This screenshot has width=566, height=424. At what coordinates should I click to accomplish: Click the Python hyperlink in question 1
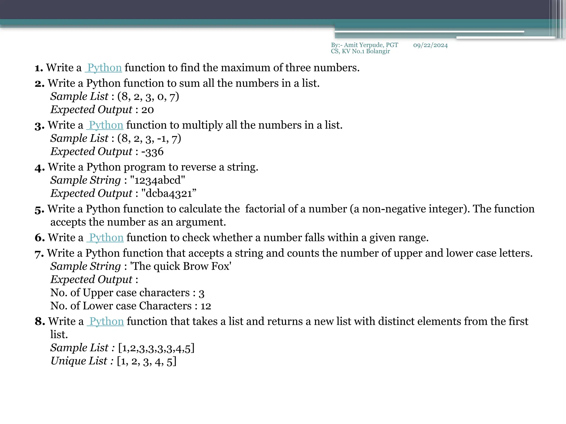[x=104, y=68]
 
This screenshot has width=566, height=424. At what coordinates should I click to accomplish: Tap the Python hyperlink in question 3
[x=106, y=125]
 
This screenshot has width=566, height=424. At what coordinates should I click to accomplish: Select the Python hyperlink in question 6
[x=106, y=238]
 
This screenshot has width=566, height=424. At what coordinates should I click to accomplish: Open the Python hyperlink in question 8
[x=106, y=322]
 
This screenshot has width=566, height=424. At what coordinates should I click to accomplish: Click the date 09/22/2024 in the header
[x=430, y=45]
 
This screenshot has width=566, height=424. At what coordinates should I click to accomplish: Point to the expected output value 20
[x=148, y=110]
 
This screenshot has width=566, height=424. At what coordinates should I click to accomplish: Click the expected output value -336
[x=152, y=152]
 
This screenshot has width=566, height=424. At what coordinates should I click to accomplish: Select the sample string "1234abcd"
[x=158, y=180]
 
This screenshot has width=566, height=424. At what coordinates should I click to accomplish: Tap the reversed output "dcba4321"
[x=169, y=194]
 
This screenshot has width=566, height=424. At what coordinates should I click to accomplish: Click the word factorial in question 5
[x=265, y=209]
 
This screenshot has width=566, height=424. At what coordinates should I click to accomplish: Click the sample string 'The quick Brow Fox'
[x=181, y=266]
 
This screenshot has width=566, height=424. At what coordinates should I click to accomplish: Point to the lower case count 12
[x=206, y=306]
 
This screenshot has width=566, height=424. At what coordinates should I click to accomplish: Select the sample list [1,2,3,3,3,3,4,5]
[x=156, y=348]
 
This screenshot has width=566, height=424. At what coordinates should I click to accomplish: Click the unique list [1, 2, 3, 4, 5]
[x=147, y=361]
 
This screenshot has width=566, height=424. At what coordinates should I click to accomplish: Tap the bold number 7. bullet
[x=39, y=254]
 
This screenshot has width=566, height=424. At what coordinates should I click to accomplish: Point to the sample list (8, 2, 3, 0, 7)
[x=148, y=97]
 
